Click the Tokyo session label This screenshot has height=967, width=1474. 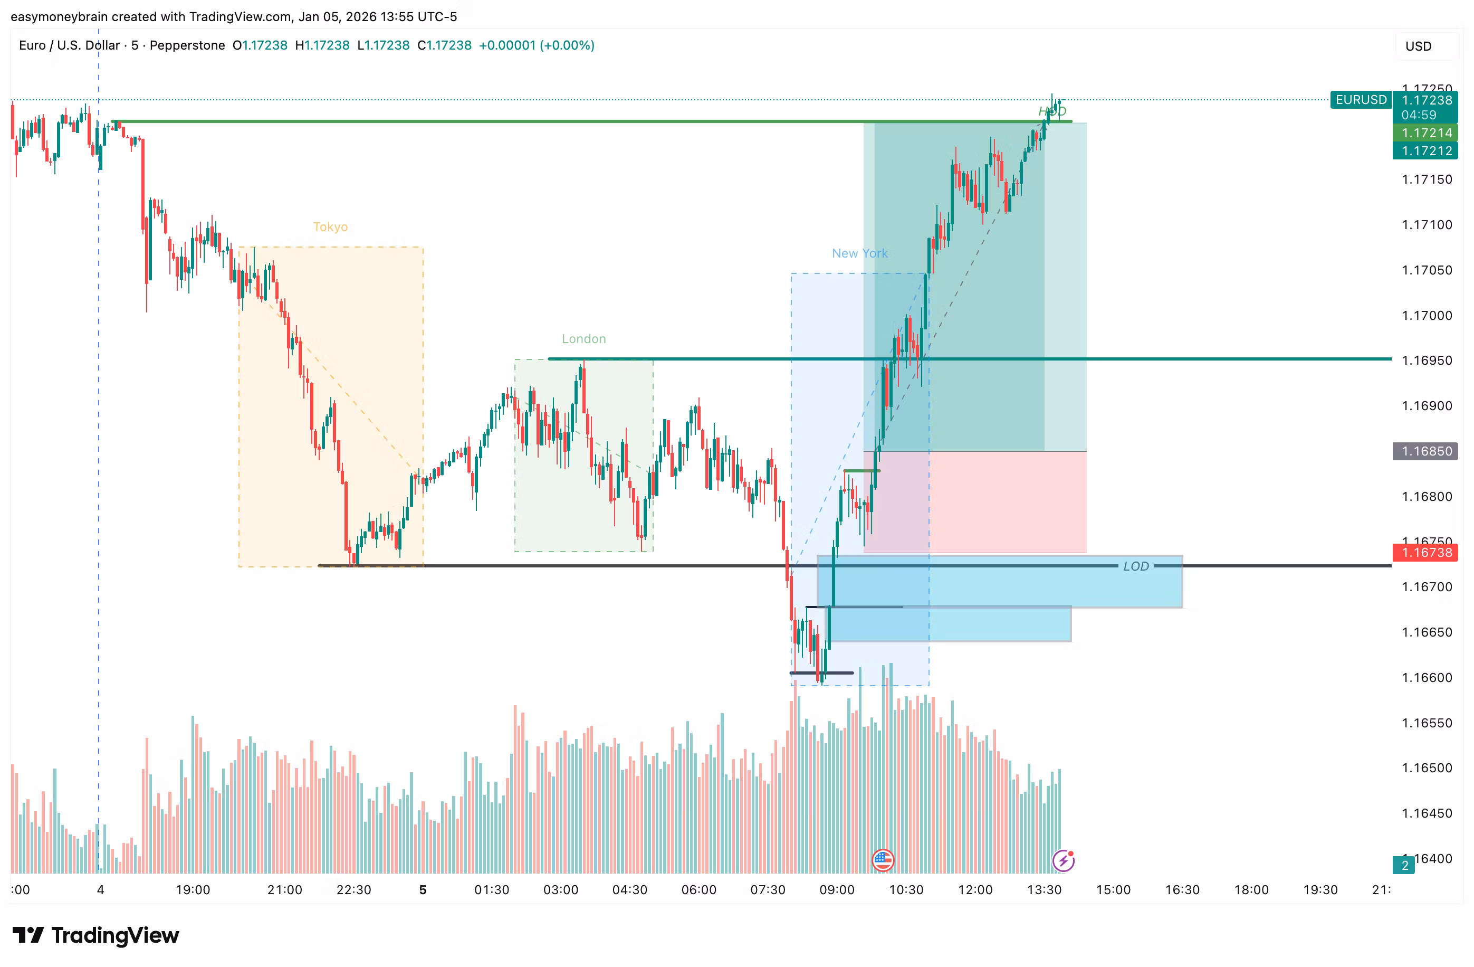[330, 227]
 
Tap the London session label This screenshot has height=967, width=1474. [583, 339]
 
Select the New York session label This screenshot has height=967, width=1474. [859, 253]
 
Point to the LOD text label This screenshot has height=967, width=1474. [1136, 566]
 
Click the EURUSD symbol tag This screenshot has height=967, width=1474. [1361, 100]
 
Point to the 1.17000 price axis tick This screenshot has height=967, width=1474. [1427, 315]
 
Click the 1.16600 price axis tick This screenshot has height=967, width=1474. [1427, 677]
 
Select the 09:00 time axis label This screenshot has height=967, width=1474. [837, 889]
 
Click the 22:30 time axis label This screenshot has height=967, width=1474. [353, 889]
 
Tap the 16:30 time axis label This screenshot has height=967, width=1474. [1182, 889]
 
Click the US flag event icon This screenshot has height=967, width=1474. [883, 860]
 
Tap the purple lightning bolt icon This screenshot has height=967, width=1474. [1063, 860]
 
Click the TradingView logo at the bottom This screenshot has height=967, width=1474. [96, 935]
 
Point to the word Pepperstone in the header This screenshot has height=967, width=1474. [187, 45]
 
